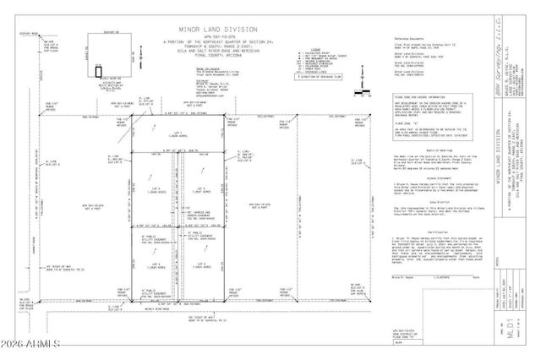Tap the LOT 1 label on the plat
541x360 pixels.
tap(177, 134)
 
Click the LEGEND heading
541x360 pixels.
tap(295, 49)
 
